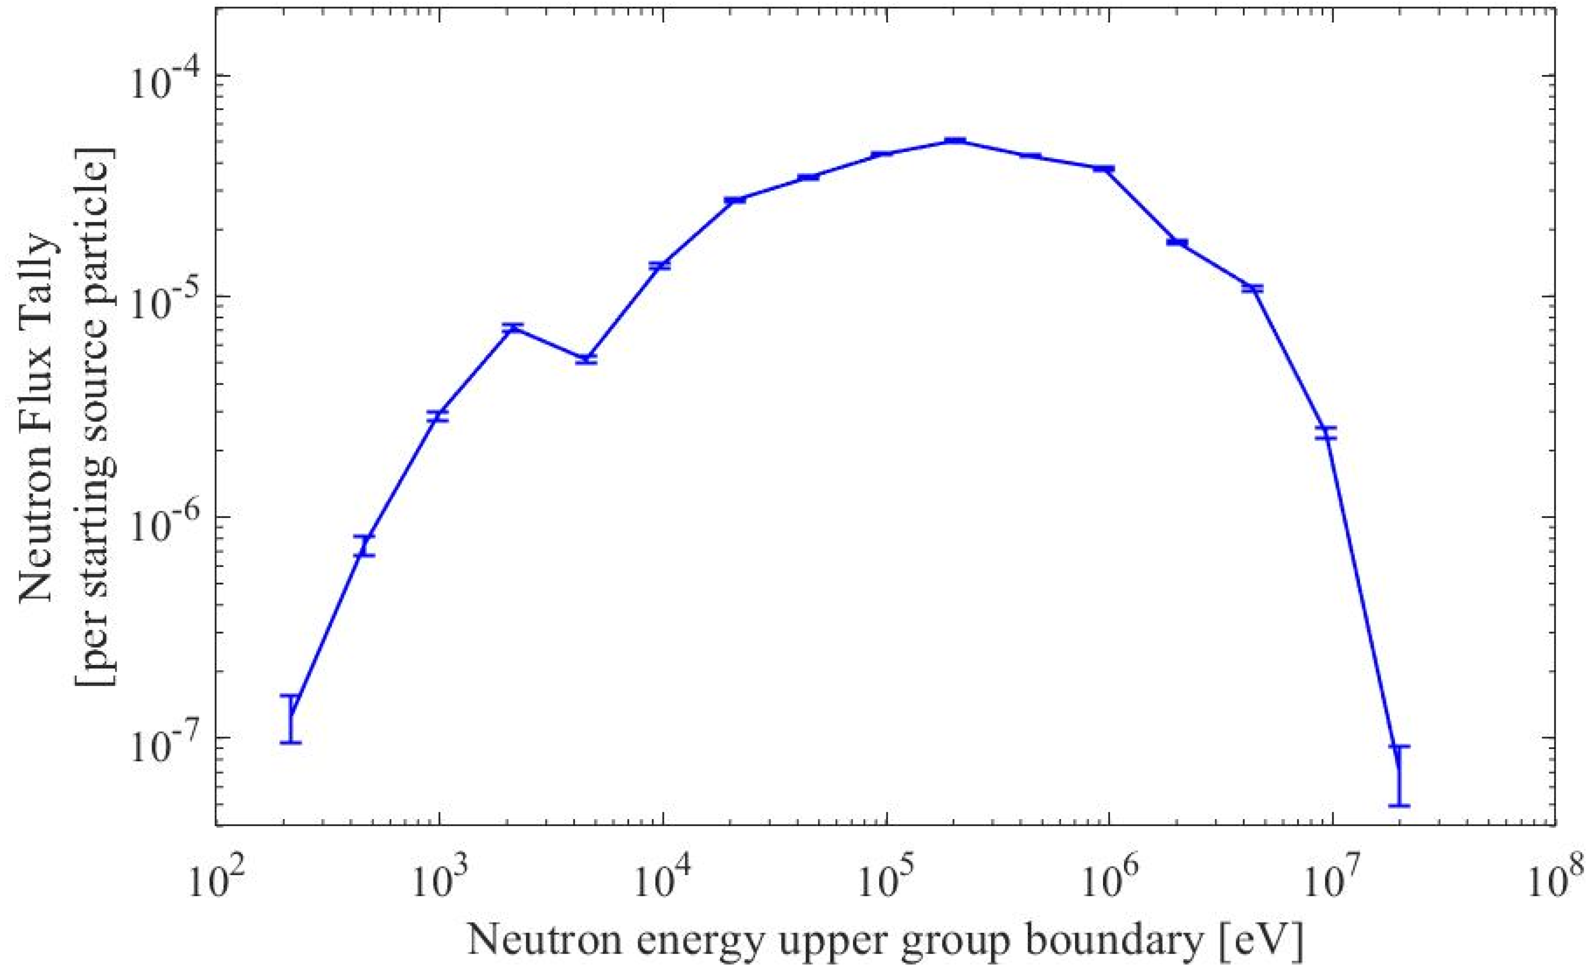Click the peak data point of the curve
pyautogui.click(x=954, y=140)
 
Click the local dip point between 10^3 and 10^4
pyautogui.click(x=586, y=359)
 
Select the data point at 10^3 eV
pyautogui.click(x=439, y=416)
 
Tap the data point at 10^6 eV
pyautogui.click(x=1103, y=169)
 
